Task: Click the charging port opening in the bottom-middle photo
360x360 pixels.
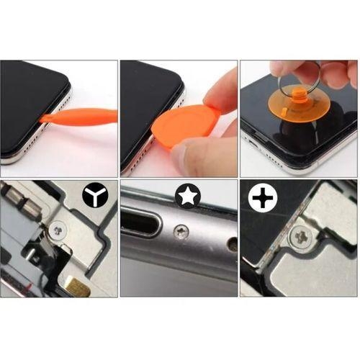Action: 143,223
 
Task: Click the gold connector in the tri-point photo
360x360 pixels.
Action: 80,289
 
